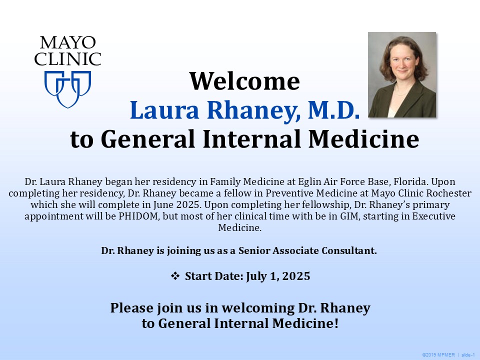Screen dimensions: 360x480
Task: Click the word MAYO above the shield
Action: (67, 42)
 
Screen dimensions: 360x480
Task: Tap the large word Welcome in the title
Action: (244, 81)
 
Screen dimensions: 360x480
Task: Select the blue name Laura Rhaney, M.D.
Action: (244, 110)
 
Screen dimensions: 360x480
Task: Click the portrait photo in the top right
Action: (402, 75)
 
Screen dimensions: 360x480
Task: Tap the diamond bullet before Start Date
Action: (175, 276)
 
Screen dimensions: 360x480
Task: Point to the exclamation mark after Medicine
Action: (336, 323)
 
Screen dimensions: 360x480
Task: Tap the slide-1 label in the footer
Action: (468, 354)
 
